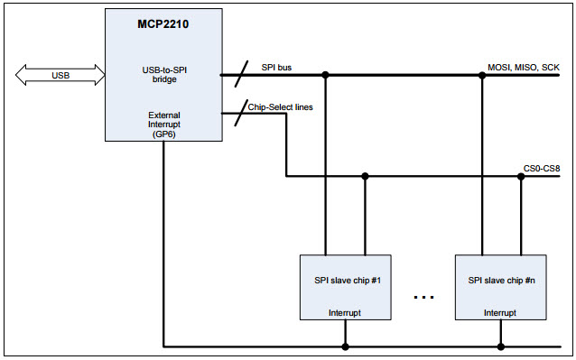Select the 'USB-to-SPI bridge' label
[163, 74]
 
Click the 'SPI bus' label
[275, 68]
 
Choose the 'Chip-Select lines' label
[282, 107]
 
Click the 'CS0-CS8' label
[542, 167]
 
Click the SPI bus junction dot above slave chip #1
[324, 75]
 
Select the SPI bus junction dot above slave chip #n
[479, 75]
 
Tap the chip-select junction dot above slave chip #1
[365, 176]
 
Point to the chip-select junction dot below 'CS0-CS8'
[521, 176]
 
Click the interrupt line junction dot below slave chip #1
[345, 346]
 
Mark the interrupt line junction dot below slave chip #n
[500, 346]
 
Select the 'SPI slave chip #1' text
[344, 280]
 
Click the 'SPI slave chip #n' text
[500, 280]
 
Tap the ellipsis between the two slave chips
[423, 297]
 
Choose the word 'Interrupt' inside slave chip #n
[500, 313]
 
